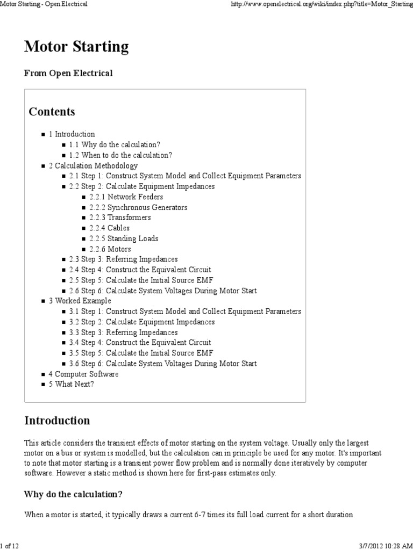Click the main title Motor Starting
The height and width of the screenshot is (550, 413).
(x=76, y=47)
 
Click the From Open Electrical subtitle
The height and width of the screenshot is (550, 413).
(x=68, y=74)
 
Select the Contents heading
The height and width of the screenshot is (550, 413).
(x=52, y=112)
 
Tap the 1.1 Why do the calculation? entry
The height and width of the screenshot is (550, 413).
(x=115, y=144)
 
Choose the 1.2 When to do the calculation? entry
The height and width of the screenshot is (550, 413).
(x=121, y=155)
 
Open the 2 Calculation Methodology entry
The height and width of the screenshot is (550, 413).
(x=93, y=165)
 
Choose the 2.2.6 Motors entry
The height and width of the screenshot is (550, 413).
(x=110, y=249)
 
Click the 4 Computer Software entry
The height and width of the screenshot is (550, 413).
(x=83, y=374)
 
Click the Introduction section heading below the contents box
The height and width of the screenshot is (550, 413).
(x=57, y=420)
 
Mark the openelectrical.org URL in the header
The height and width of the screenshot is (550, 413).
(x=321, y=4)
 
